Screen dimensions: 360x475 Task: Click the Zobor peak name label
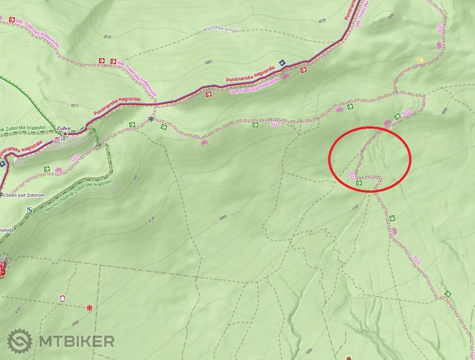pos(64,128)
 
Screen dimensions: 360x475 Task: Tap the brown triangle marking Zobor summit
pos(65,134)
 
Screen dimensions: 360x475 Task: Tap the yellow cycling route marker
pos(421,61)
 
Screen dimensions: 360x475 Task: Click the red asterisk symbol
pos(89,307)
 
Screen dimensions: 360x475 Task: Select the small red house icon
pos(62,298)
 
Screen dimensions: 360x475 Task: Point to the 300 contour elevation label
pos(309,351)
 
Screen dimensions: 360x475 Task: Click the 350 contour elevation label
pos(355,207)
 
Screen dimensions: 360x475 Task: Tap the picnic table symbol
pos(151,119)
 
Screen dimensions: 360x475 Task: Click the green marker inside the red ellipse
pos(359,183)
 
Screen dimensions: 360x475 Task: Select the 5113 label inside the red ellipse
pos(352,175)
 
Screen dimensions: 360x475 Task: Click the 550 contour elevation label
pos(75,106)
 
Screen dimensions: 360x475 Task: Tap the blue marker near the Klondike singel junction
pos(282,63)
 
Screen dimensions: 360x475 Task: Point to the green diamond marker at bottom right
pos(447,294)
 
